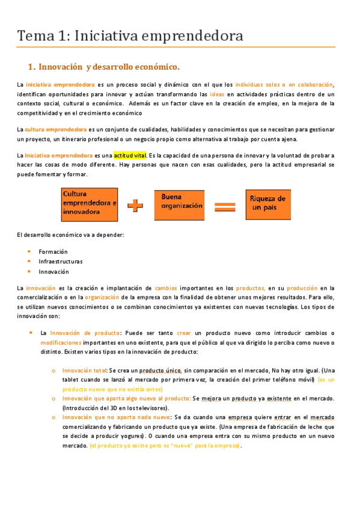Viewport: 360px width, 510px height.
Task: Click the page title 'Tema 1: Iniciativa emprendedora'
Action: pos(130,35)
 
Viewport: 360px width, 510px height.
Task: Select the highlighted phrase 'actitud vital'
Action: pos(130,155)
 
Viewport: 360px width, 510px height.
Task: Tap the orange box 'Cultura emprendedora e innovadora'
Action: pos(90,203)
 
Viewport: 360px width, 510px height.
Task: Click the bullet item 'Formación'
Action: pos(53,251)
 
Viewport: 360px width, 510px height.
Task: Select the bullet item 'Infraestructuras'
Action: pos(61,262)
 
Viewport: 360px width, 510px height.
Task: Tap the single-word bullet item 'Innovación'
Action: pos(53,271)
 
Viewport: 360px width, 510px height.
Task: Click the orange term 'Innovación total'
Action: pos(84,370)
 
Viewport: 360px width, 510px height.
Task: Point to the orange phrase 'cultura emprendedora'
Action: pos(55,129)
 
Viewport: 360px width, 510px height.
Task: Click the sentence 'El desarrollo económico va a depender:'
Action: pos(70,235)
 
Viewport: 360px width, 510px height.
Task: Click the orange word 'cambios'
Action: pos(166,288)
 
